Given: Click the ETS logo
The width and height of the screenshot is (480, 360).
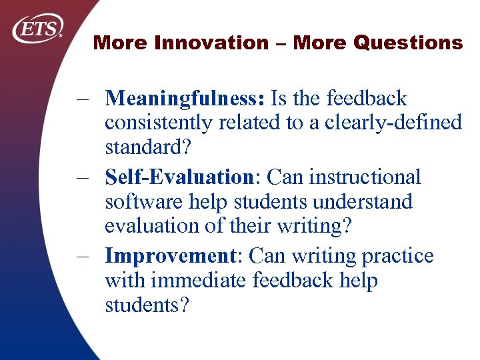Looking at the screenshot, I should click(38, 29).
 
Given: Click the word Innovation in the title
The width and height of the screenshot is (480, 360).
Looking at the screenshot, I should click(211, 43).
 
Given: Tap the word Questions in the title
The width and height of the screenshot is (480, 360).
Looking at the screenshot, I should click(408, 43).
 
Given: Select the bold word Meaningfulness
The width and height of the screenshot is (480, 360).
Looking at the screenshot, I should click(185, 99).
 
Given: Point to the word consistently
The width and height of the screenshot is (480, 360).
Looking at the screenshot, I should click(157, 123).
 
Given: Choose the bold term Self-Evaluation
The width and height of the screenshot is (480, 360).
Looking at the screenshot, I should click(176, 177).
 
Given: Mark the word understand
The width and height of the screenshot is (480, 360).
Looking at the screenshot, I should click(363, 201).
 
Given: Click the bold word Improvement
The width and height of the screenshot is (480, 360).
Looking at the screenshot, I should click(169, 256).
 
